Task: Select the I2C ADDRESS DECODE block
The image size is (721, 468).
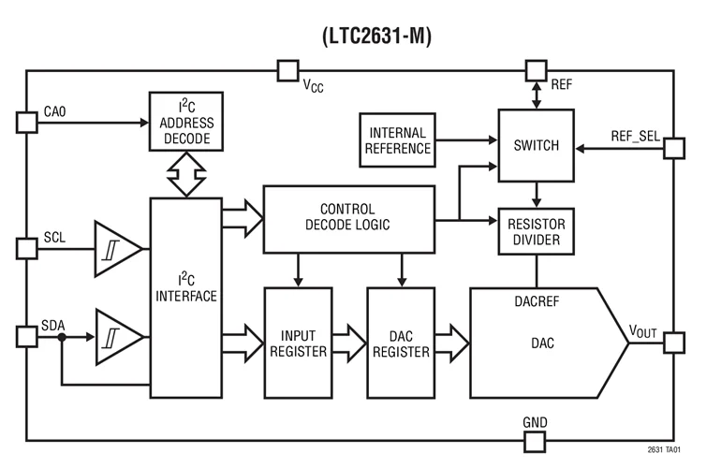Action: [x=186, y=124]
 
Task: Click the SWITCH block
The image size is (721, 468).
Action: [x=536, y=145]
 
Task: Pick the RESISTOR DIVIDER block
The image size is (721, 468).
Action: [x=536, y=231]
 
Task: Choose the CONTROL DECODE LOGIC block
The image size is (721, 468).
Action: [x=348, y=217]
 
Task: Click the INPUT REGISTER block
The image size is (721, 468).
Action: [x=299, y=343]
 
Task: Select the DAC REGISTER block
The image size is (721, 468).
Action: [x=402, y=343]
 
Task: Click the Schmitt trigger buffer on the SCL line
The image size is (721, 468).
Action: [x=116, y=249]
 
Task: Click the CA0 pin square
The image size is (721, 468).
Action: [x=26, y=124]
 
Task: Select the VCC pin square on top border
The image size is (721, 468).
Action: [x=287, y=70]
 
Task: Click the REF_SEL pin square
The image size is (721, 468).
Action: [x=674, y=147]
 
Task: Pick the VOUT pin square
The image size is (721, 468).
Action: [x=674, y=343]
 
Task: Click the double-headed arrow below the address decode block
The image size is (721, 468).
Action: [x=186, y=175]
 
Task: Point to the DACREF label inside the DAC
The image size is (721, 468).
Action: [x=537, y=302]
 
